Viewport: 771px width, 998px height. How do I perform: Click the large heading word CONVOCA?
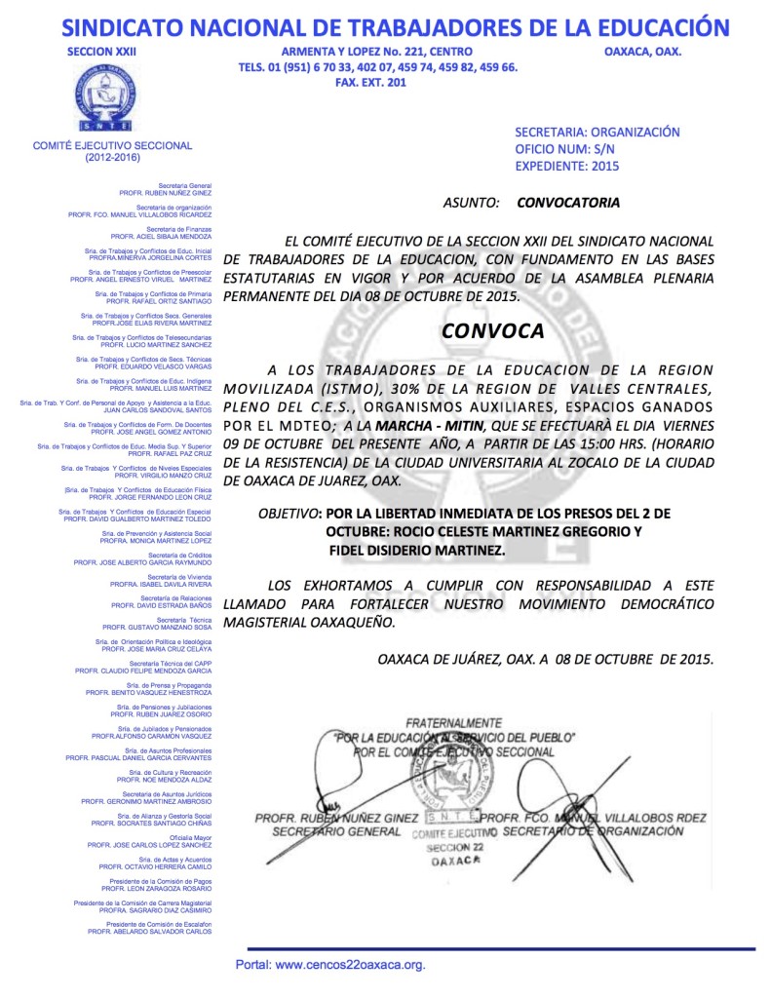(492, 330)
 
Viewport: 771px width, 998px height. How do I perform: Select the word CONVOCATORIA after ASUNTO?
(567, 204)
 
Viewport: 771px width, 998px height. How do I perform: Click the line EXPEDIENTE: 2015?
(566, 167)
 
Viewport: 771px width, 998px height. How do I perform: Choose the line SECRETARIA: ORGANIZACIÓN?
(597, 132)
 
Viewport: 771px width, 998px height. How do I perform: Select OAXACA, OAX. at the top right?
(642, 51)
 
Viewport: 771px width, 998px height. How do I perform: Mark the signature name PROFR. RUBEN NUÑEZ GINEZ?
(335, 817)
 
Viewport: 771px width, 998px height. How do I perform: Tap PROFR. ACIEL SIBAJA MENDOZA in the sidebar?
(161, 236)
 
